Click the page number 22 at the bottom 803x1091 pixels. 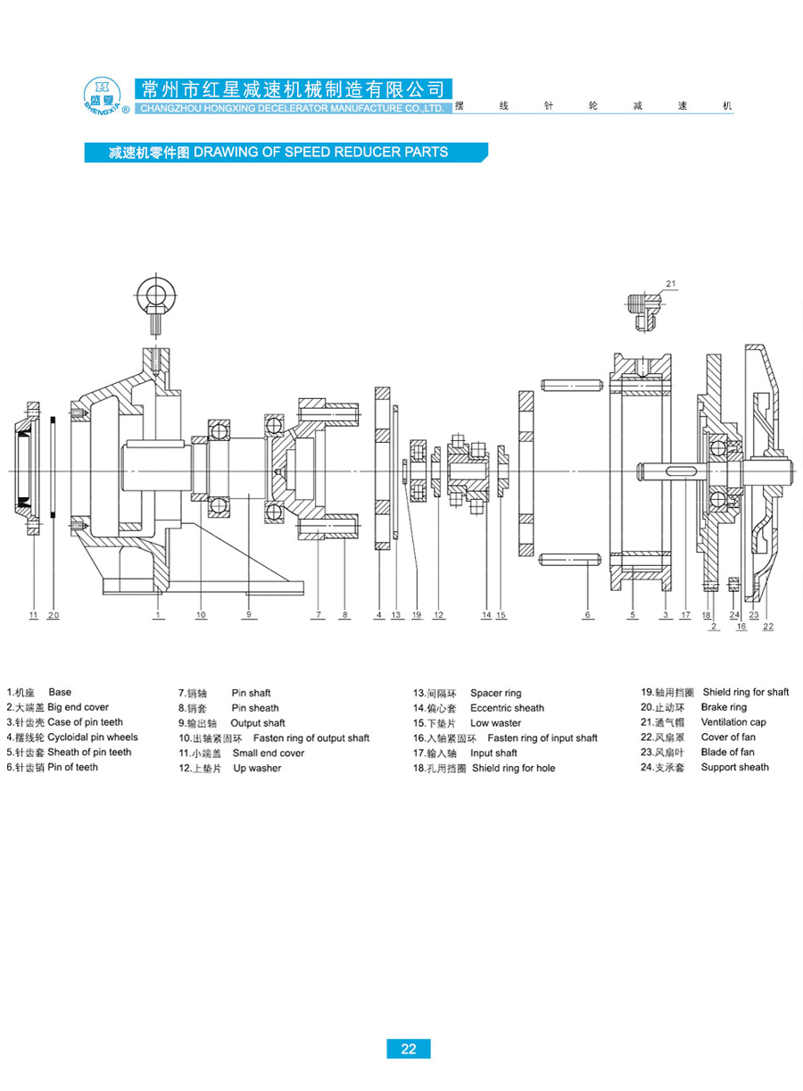pyautogui.click(x=409, y=1049)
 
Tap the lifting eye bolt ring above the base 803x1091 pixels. pyautogui.click(x=157, y=294)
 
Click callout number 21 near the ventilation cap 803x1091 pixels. pyautogui.click(x=671, y=285)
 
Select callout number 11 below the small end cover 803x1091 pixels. pyautogui.click(x=33, y=615)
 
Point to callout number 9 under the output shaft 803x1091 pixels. pyautogui.click(x=249, y=615)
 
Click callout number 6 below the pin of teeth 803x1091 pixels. pyautogui.click(x=588, y=615)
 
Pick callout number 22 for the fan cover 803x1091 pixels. pyautogui.click(x=768, y=627)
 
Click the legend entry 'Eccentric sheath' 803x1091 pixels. pyautogui.click(x=507, y=708)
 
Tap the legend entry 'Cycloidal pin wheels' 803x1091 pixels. pyautogui.click(x=93, y=737)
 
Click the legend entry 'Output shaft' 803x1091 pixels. pyautogui.click(x=258, y=723)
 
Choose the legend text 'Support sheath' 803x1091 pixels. pyautogui.click(x=734, y=767)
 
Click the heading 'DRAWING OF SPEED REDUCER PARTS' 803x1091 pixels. pyautogui.click(x=320, y=152)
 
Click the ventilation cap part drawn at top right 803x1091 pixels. pyautogui.click(x=642, y=301)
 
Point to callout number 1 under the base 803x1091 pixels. pyautogui.click(x=157, y=615)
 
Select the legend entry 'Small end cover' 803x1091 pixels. pyautogui.click(x=269, y=753)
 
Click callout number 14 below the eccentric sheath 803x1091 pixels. pyautogui.click(x=486, y=615)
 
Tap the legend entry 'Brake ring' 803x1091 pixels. pyautogui.click(x=724, y=707)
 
